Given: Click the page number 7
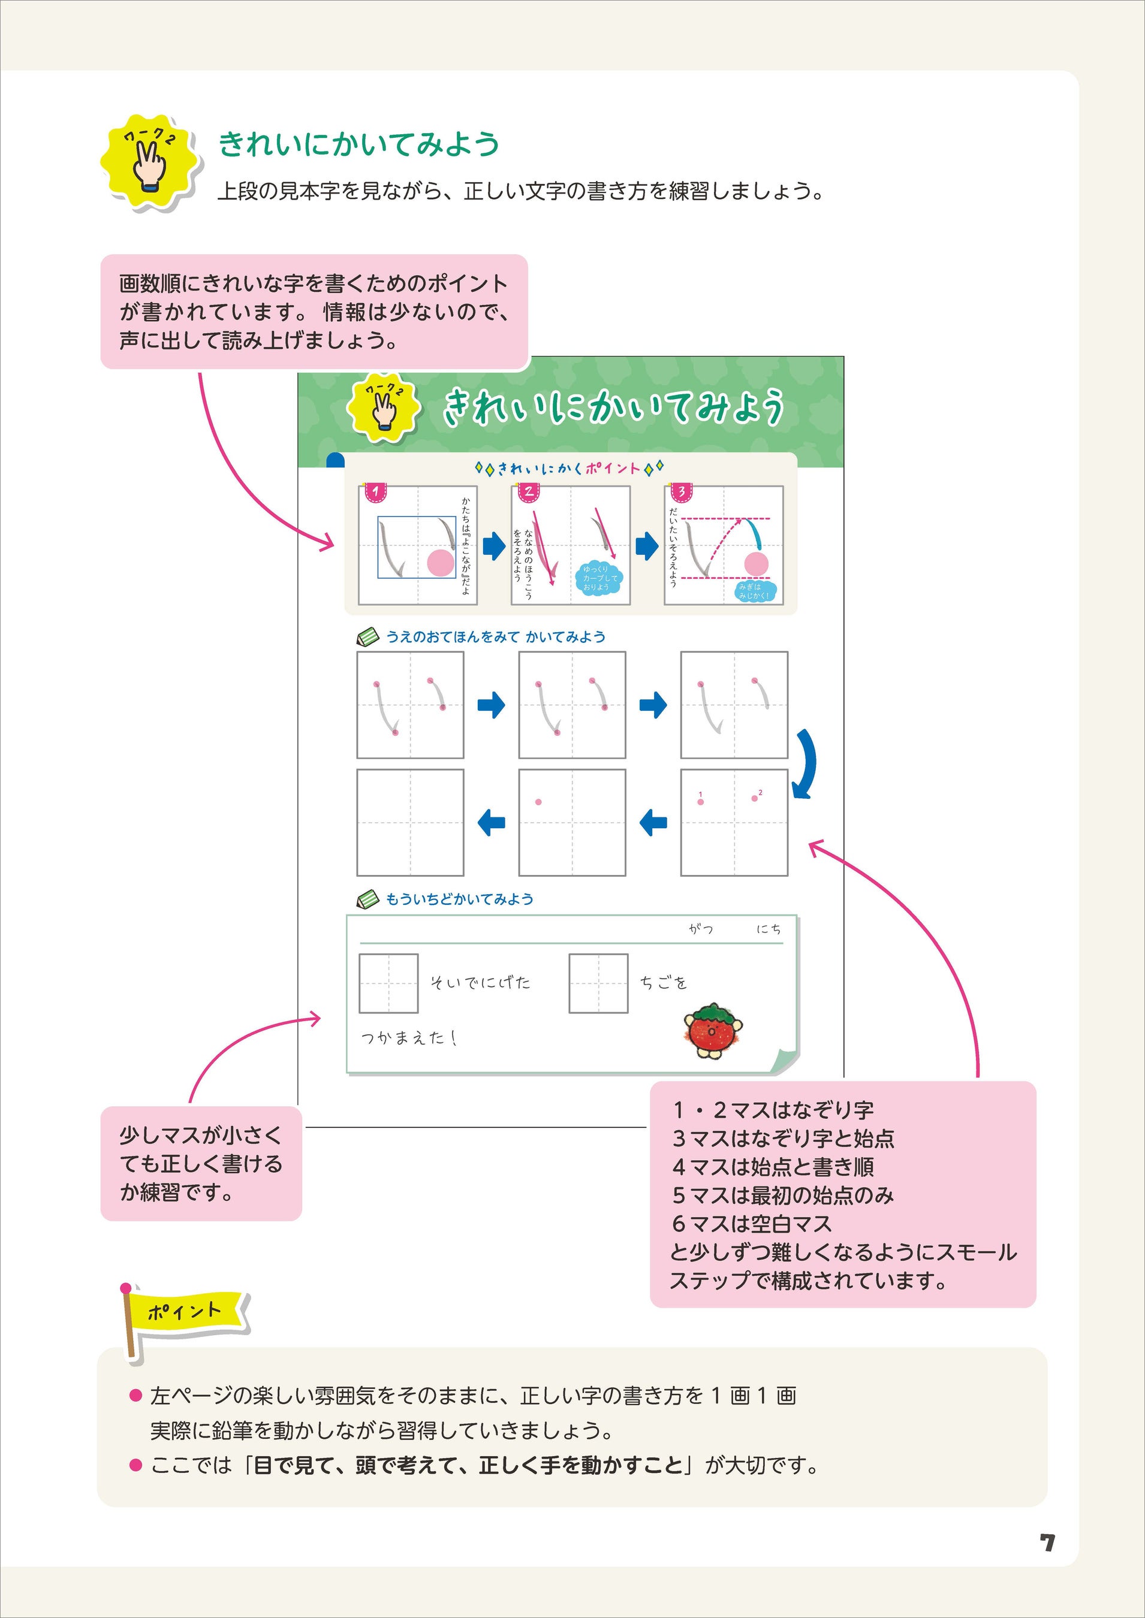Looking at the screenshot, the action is coord(1047,1542).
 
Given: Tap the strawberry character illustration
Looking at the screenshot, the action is coord(713,1030).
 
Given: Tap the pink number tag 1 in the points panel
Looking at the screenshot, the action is coord(376,491).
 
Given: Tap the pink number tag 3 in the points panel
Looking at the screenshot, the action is coord(681,491).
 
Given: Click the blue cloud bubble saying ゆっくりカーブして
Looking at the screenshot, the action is coord(599,578).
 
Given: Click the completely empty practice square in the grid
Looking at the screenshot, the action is coord(409,822).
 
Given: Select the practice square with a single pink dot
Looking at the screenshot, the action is coord(572,822).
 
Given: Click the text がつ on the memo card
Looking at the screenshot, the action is coord(701,929).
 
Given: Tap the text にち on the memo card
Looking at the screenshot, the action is coord(769,929).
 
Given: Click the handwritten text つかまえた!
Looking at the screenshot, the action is coord(409,1037).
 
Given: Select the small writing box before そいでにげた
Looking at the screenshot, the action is coord(388,983).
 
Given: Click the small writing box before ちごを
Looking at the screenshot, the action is coord(599,983).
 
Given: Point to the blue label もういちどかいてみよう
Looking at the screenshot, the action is coord(459,899).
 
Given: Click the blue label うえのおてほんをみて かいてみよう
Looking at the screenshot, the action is coord(495,637).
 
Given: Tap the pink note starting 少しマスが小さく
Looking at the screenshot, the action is coord(201,1164).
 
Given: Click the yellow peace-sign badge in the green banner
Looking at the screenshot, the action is coord(384,407).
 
